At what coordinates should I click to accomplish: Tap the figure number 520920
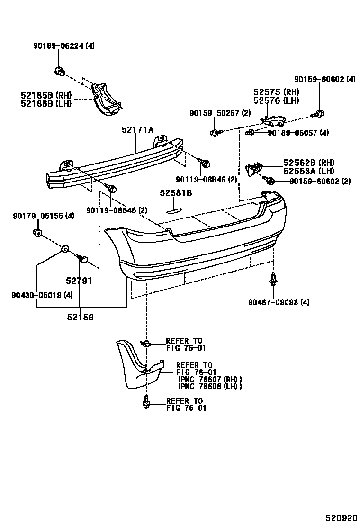coord(339,517)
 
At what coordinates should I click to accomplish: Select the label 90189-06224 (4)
coord(64,46)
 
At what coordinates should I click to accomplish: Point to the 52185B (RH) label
coord(45,95)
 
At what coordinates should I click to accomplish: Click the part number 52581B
coord(176,193)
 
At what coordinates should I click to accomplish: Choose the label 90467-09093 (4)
coord(279,302)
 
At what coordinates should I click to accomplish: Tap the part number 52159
coord(80,318)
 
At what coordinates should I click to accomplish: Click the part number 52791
coord(79,281)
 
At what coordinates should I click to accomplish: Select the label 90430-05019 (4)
coord(42,295)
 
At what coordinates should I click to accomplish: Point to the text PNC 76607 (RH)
coord(210,379)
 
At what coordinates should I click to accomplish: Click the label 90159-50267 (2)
coord(220,113)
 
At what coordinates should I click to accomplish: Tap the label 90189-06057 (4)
coord(298,133)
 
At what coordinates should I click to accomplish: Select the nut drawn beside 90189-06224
coord(60,72)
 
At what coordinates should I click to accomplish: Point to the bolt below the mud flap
coord(146,402)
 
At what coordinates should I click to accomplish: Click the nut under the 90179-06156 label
coord(37,233)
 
